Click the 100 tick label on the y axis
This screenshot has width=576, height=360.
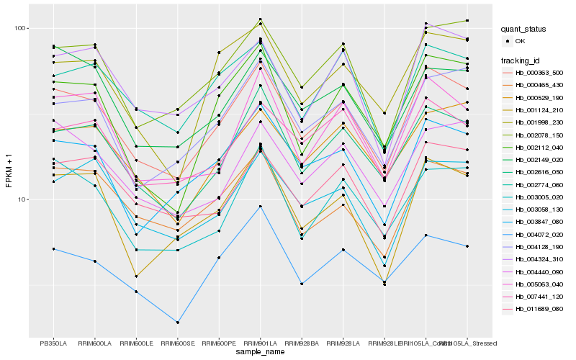click(x=19, y=29)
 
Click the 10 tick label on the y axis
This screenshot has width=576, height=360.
click(x=22, y=199)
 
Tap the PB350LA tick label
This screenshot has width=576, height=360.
click(x=53, y=343)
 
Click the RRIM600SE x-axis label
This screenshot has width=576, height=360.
click(x=178, y=343)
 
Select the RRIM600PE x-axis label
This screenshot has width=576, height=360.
click(x=219, y=343)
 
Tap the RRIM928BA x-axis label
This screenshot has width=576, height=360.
click(x=302, y=343)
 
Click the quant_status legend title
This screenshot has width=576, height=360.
click(x=523, y=30)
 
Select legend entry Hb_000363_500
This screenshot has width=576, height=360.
click(x=539, y=73)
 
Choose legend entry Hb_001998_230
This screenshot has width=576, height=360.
click(x=539, y=122)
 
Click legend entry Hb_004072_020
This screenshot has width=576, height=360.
click(x=539, y=235)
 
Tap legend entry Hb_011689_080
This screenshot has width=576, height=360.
click(x=539, y=309)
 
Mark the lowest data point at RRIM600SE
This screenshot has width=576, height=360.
click(x=178, y=322)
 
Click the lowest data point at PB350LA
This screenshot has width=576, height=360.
click(x=53, y=249)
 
